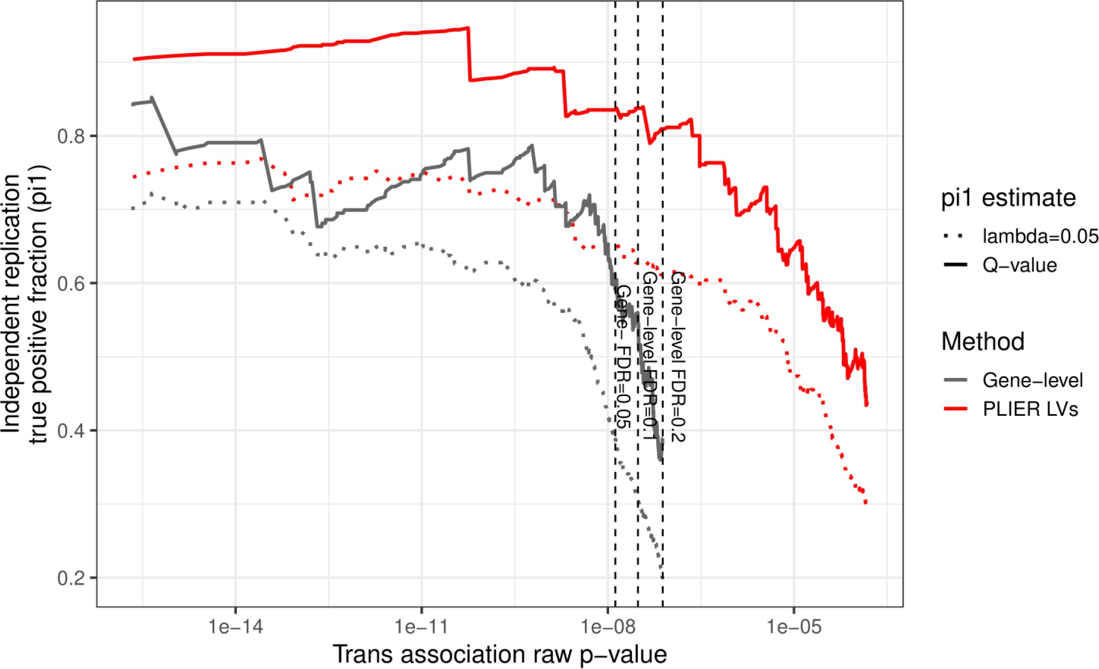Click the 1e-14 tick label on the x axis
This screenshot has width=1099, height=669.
click(x=236, y=627)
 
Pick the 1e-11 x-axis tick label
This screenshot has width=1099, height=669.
click(x=422, y=627)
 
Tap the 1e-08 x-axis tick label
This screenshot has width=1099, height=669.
click(x=608, y=627)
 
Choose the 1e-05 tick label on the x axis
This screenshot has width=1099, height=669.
click(x=794, y=627)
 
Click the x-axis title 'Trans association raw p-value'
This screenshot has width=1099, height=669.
click(x=499, y=654)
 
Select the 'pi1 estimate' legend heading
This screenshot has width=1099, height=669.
click(x=1008, y=198)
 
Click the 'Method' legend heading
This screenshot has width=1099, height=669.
click(x=983, y=342)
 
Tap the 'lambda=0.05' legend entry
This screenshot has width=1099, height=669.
click(x=1039, y=236)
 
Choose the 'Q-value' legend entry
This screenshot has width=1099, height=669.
click(x=1019, y=265)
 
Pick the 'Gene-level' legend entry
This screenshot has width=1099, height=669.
click(x=1032, y=380)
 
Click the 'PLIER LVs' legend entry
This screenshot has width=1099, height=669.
click(x=1030, y=409)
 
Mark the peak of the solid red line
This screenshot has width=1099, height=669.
click(x=468, y=28)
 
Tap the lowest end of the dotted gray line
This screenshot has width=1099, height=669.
click(x=661, y=569)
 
